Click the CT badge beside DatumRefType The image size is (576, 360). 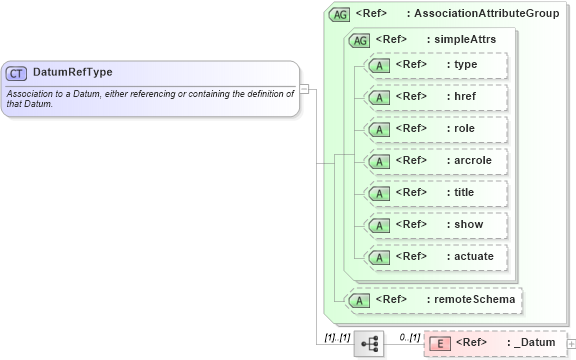coord(17,73)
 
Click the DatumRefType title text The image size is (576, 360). coord(72,73)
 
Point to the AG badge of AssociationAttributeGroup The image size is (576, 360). coord(339,15)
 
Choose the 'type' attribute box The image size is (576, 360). coord(435,65)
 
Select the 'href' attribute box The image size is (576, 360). coord(435,97)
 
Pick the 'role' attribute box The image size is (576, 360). coord(435,129)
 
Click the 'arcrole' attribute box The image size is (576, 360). coord(435,161)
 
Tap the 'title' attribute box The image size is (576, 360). coord(435,193)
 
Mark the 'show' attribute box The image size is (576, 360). coord(435,225)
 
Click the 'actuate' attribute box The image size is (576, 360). coord(435,257)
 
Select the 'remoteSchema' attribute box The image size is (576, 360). coord(431,299)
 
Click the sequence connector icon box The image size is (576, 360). coord(369,343)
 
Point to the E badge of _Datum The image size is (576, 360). coord(438,343)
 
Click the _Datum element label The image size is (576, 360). coord(531,343)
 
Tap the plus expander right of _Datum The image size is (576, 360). coord(571,343)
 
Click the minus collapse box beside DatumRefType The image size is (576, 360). coord(304,88)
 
